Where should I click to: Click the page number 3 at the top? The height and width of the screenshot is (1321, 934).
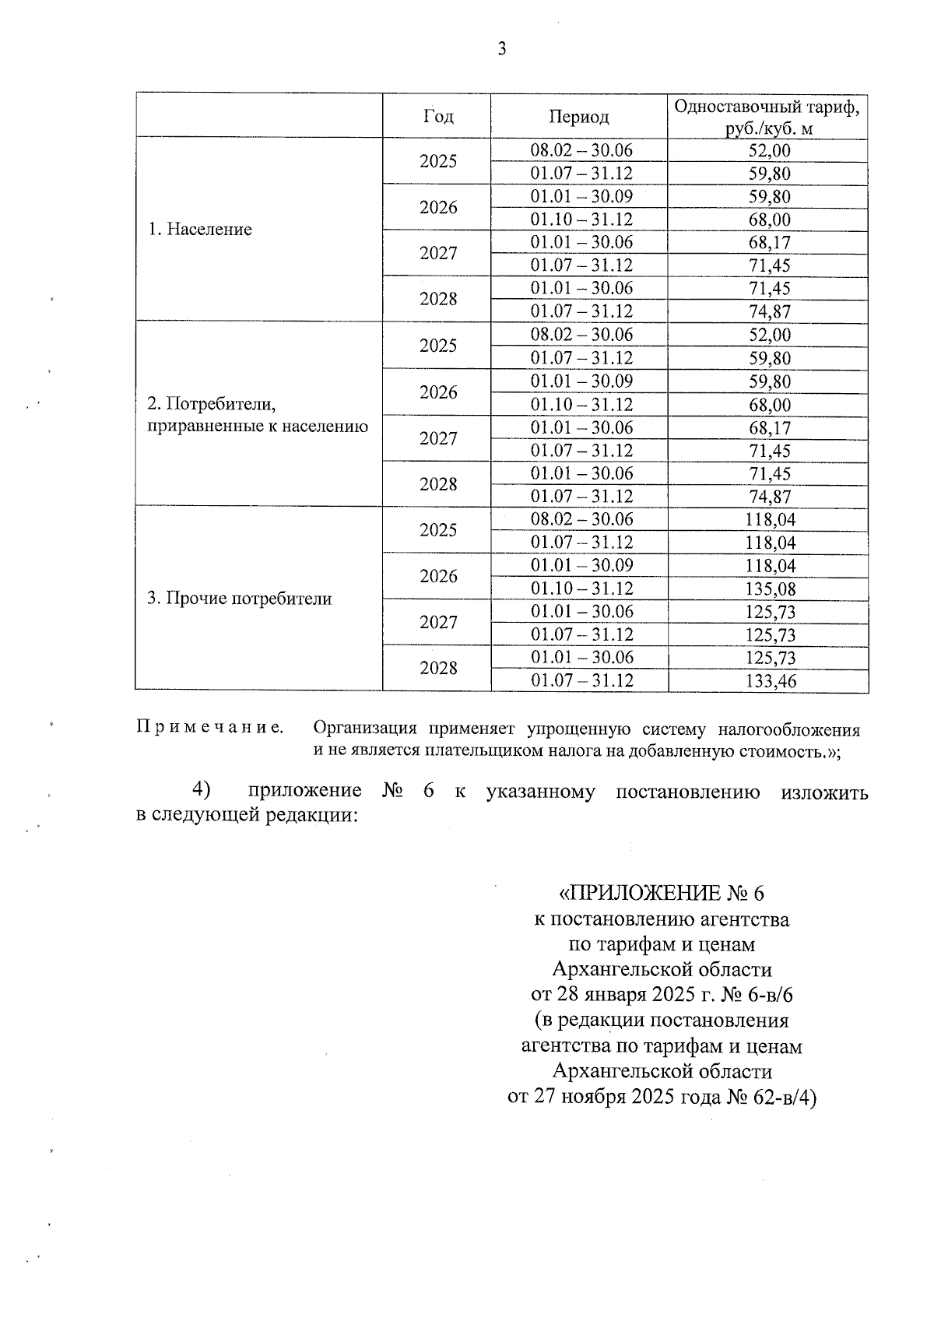click(501, 49)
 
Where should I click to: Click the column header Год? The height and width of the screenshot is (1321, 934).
click(438, 116)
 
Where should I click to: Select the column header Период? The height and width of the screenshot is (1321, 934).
click(579, 117)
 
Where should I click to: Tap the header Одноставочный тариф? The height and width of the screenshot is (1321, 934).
click(767, 107)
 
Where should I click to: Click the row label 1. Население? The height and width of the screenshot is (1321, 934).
click(200, 230)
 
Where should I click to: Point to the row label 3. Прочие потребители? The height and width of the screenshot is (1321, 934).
click(240, 599)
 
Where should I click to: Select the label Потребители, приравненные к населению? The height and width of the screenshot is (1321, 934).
click(257, 415)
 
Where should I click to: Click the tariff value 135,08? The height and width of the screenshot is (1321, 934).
click(770, 589)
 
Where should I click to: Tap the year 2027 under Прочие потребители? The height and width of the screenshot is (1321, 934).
click(438, 622)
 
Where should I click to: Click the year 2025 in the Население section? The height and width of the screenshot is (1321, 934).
click(438, 161)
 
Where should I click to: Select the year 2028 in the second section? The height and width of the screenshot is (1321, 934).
click(438, 484)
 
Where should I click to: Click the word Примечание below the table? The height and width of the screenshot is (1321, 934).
click(209, 727)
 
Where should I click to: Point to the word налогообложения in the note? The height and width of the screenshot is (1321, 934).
click(788, 730)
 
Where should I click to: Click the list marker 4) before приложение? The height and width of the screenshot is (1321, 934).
click(202, 789)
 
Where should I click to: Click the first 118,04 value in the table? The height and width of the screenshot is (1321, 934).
click(770, 520)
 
